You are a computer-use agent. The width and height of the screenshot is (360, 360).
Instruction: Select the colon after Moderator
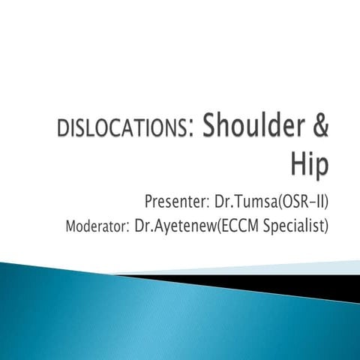point(128,227)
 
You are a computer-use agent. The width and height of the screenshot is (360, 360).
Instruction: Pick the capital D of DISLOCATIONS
point(62,129)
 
